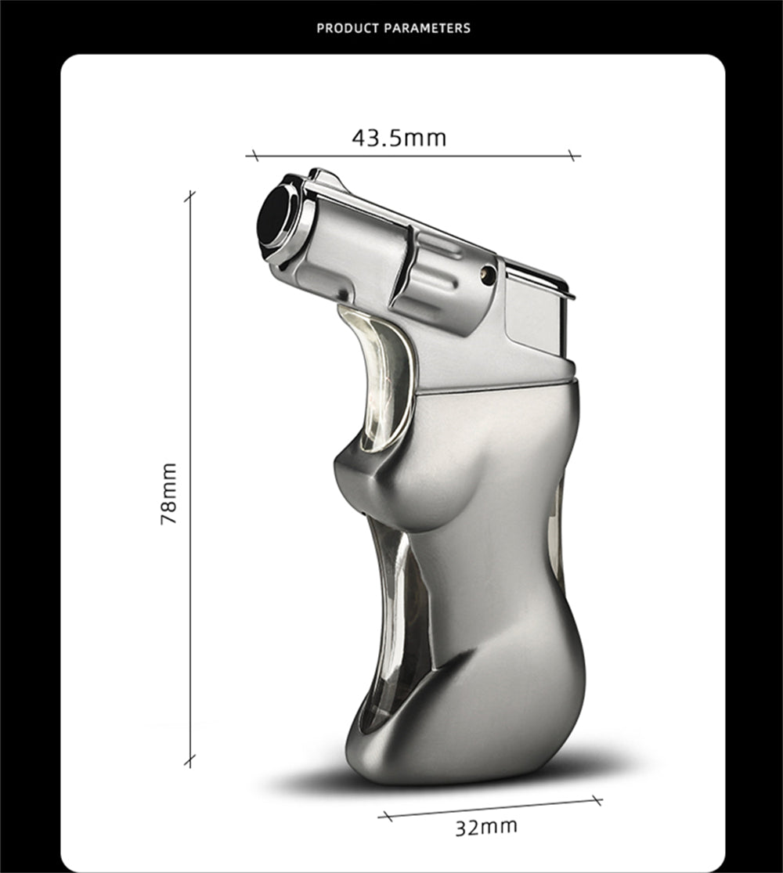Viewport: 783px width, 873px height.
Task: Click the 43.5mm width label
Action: pos(399,139)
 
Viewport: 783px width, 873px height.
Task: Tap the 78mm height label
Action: pos(169,493)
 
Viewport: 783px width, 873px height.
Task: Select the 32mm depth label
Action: pos(486,827)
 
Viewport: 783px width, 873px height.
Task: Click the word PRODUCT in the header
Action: pos(348,28)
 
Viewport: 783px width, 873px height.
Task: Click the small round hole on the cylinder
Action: pos(488,273)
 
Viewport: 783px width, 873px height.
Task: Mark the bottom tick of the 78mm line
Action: pos(189,759)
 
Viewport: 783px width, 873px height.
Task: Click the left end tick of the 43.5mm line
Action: pos(252,156)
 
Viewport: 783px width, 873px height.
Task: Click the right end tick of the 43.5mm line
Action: pos(574,156)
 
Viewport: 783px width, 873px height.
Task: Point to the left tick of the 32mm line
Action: pos(384,816)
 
